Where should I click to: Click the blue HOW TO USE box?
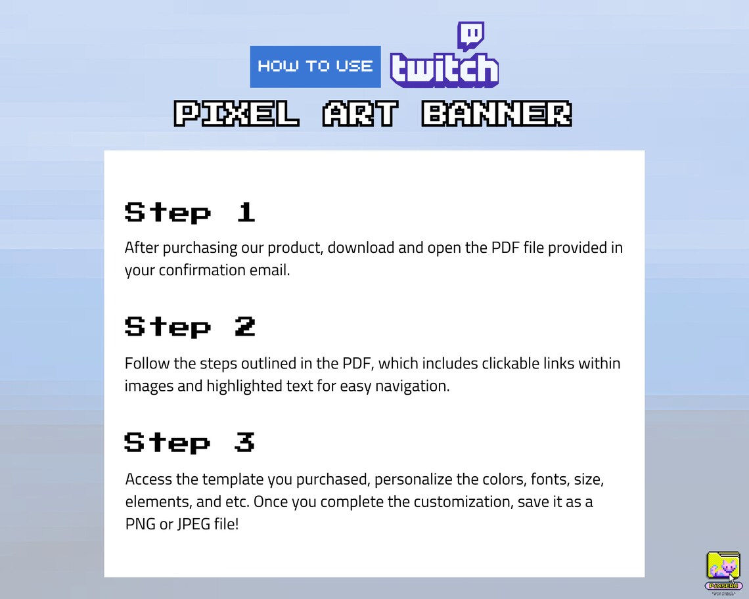point(315,66)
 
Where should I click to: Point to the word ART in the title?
point(360,114)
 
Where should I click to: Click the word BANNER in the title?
point(496,114)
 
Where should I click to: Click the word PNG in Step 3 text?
point(139,524)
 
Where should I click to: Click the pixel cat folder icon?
point(723,566)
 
